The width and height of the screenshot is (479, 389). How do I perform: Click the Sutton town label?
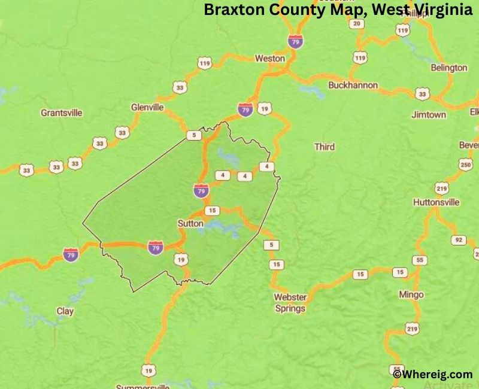190,223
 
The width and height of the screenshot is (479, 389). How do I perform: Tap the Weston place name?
269,59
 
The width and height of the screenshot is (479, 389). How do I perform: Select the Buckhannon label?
353,86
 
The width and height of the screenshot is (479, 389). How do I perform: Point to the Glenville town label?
147,107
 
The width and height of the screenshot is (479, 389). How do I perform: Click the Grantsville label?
61,113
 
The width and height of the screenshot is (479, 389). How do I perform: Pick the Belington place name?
448,68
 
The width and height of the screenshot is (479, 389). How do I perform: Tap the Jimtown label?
429,114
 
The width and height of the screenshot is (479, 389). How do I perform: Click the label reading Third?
325,147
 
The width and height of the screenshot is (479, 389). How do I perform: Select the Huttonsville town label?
436,202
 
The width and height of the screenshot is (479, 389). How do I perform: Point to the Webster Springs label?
290,303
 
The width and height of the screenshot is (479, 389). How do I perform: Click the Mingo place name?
411,294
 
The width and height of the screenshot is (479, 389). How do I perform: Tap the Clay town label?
65,311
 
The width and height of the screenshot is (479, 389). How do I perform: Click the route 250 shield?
465,165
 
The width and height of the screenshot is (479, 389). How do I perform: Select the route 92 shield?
459,240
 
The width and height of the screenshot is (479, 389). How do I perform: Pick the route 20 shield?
357,23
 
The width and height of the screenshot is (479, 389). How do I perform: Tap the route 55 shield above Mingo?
420,260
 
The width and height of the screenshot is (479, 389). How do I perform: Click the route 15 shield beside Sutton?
211,211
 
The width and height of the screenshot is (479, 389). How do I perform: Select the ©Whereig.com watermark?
432,374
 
